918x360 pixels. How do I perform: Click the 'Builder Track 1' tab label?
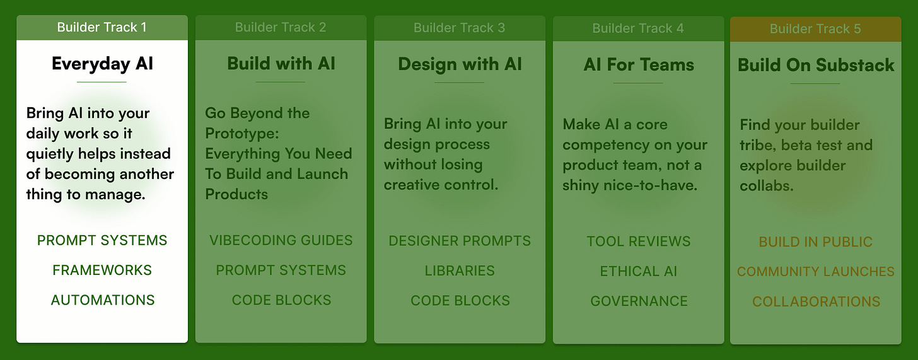click(x=102, y=27)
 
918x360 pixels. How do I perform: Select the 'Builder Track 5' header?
click(x=815, y=29)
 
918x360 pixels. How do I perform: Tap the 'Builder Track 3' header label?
click(x=459, y=28)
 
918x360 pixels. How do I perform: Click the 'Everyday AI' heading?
click(x=102, y=64)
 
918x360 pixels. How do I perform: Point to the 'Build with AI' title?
click(x=281, y=64)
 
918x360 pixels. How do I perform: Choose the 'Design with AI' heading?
click(x=460, y=64)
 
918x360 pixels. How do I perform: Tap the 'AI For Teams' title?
click(x=638, y=65)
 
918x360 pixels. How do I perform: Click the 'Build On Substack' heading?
click(x=816, y=65)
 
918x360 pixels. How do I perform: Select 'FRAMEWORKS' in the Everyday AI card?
click(x=102, y=270)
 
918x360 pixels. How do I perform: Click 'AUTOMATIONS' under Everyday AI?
click(x=102, y=300)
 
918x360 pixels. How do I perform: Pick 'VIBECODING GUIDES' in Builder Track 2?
click(x=281, y=240)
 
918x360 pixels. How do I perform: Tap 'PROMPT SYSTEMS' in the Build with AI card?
click(x=281, y=270)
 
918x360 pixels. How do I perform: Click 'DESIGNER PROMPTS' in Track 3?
click(x=460, y=241)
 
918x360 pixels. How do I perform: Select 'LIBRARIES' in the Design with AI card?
click(x=460, y=270)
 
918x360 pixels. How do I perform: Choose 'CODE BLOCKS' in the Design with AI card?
click(x=460, y=301)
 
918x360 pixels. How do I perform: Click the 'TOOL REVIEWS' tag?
click(x=638, y=241)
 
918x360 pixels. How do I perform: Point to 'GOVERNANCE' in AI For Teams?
click(x=638, y=301)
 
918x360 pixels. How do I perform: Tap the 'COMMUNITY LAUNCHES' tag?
click(x=815, y=272)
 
